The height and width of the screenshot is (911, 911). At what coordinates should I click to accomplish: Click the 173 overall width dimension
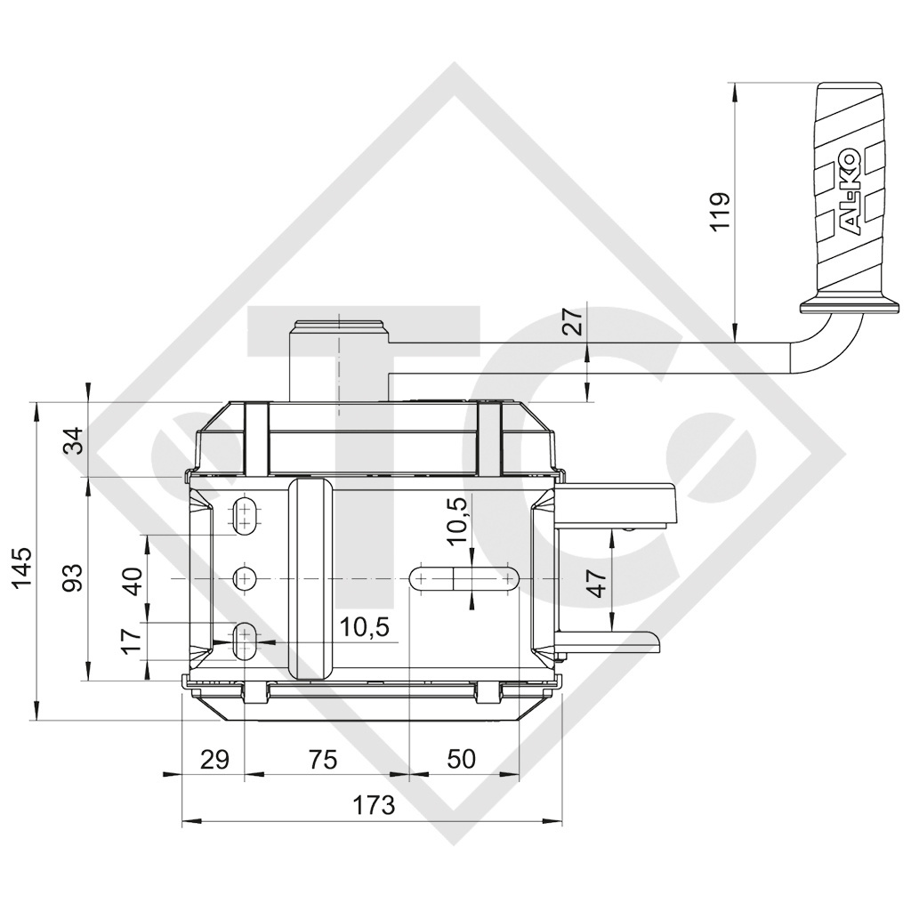point(373,805)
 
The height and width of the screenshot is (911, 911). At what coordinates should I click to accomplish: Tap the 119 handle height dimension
point(721,211)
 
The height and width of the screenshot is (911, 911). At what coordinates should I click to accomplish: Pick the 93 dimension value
point(76,577)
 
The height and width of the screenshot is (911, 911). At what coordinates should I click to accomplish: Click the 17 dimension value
point(132,640)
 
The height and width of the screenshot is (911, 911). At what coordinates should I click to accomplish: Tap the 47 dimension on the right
point(597,582)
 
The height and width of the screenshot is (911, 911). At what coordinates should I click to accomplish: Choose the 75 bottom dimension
point(323,759)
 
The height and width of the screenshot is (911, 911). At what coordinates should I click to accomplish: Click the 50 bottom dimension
point(461,759)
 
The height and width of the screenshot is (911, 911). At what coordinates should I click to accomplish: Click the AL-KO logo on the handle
point(849,192)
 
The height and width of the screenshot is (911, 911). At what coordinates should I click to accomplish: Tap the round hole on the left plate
point(243,578)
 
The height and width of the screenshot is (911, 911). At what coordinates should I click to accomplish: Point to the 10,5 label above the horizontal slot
point(457,520)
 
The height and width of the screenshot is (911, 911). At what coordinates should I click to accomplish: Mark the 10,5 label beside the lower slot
point(365,627)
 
